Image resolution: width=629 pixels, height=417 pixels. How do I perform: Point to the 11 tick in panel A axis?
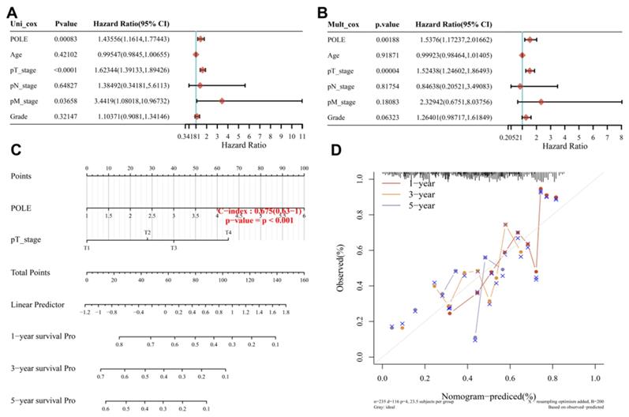pos(302,136)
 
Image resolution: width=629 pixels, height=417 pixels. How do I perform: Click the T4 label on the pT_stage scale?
pos(227,232)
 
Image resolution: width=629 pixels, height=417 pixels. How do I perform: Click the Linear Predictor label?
pos(36,304)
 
